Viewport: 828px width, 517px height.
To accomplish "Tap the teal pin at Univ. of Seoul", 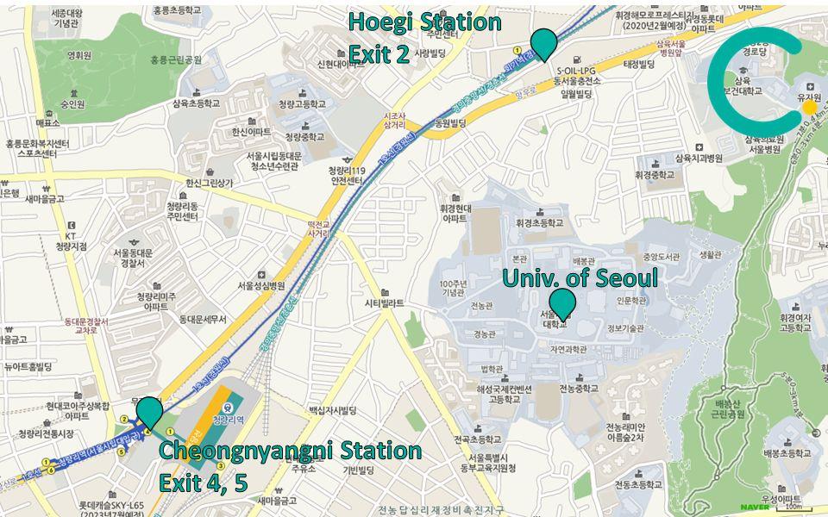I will coord(562,303).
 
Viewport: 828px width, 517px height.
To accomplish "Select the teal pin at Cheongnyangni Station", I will coord(149,411).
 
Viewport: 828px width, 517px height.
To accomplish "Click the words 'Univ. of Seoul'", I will coord(580,277).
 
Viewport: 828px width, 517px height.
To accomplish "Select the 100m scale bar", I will coord(788,508).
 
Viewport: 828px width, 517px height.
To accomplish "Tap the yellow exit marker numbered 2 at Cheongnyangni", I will coord(123,420).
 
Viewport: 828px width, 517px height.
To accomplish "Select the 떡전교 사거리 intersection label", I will coord(319,226).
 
